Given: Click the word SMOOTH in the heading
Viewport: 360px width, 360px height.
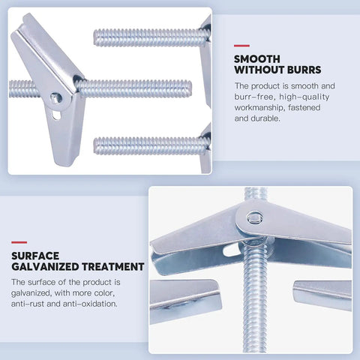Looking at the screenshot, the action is [x=257, y=59].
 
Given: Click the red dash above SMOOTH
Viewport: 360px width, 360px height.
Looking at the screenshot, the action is [x=241, y=46].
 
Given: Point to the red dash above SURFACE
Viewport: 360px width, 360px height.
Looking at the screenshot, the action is [x=19, y=242].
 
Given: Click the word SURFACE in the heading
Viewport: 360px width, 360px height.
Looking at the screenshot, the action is [x=35, y=256].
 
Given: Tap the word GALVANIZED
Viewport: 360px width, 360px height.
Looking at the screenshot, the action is [x=45, y=267].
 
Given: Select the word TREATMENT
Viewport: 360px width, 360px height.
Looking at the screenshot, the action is [x=113, y=267].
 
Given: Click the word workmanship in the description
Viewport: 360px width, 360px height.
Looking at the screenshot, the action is [x=259, y=108].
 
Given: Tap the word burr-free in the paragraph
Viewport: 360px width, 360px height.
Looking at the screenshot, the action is [x=253, y=97].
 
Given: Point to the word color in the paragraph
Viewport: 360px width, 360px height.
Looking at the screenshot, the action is [x=104, y=293].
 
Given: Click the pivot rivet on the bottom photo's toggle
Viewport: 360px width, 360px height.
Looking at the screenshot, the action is [x=254, y=217].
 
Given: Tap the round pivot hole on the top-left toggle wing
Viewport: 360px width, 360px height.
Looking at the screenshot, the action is [x=56, y=97].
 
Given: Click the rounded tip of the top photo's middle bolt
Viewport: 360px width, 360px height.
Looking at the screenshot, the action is [x=189, y=89].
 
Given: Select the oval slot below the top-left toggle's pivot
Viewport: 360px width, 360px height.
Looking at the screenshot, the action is [x=56, y=115].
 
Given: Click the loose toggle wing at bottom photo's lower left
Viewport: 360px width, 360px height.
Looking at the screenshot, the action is [x=185, y=300].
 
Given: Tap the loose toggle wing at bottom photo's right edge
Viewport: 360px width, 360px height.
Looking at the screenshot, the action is [x=322, y=295].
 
